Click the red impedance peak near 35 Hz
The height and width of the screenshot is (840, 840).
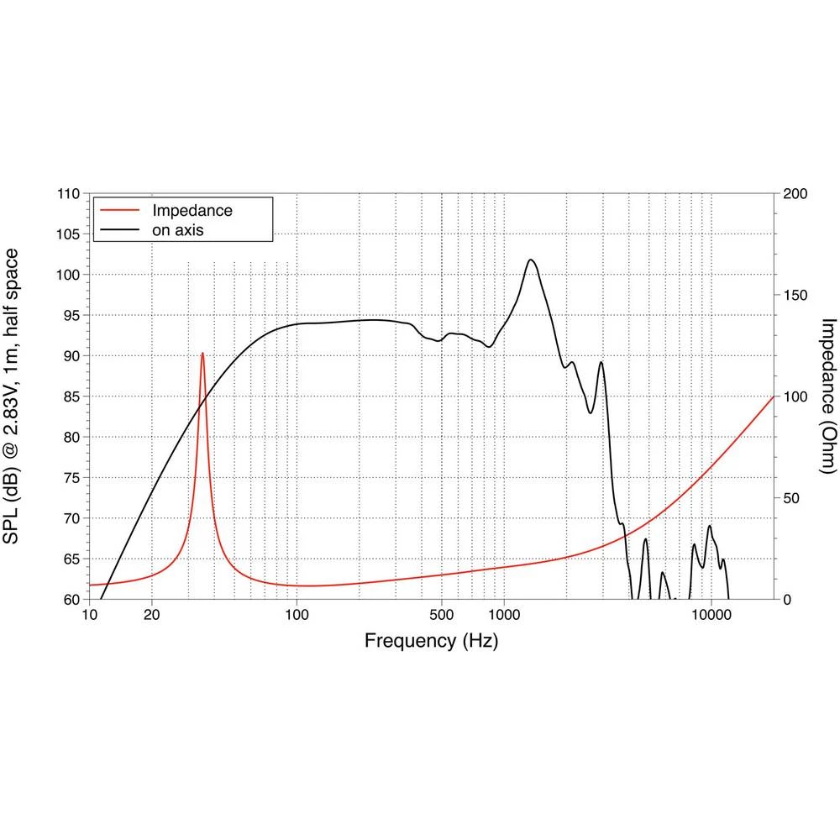point(202,354)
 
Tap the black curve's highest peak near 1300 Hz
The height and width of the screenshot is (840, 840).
point(531,260)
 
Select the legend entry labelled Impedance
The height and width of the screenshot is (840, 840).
point(192,210)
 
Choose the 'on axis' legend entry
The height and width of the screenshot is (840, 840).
point(177,229)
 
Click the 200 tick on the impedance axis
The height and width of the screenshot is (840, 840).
point(795,194)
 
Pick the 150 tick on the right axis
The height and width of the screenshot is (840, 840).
point(795,296)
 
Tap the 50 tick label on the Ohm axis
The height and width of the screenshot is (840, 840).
point(791,498)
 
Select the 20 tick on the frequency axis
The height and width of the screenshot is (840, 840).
point(152,614)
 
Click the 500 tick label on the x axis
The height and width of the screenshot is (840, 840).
point(441,614)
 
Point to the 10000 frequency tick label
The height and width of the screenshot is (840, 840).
point(711,614)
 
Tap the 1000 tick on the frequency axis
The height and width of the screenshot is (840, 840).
point(504,614)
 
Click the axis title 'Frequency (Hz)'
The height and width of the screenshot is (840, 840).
point(431,642)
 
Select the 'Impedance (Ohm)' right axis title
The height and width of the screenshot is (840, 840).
point(828,396)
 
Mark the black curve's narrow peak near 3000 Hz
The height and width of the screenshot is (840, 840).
point(601,363)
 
